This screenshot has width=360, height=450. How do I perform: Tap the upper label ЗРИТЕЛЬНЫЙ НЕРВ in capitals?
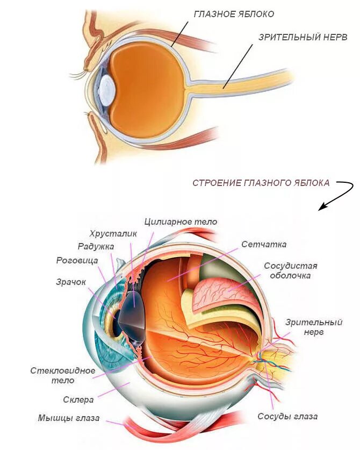(x=303, y=38)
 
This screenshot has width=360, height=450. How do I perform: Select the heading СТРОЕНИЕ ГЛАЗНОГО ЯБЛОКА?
(x=261, y=183)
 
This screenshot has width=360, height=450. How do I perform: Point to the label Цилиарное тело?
(x=181, y=222)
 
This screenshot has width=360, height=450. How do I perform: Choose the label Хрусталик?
(x=113, y=234)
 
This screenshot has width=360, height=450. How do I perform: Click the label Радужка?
(x=96, y=247)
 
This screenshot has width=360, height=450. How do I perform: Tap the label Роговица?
(x=77, y=260)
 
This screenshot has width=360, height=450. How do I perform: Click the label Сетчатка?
(x=264, y=244)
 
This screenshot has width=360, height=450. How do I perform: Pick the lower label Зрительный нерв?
(x=306, y=327)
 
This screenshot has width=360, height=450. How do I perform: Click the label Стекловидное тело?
(x=63, y=375)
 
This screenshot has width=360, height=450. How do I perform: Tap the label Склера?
(x=78, y=399)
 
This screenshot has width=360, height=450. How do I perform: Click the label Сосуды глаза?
(x=287, y=417)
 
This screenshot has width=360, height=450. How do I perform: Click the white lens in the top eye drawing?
(x=106, y=89)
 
